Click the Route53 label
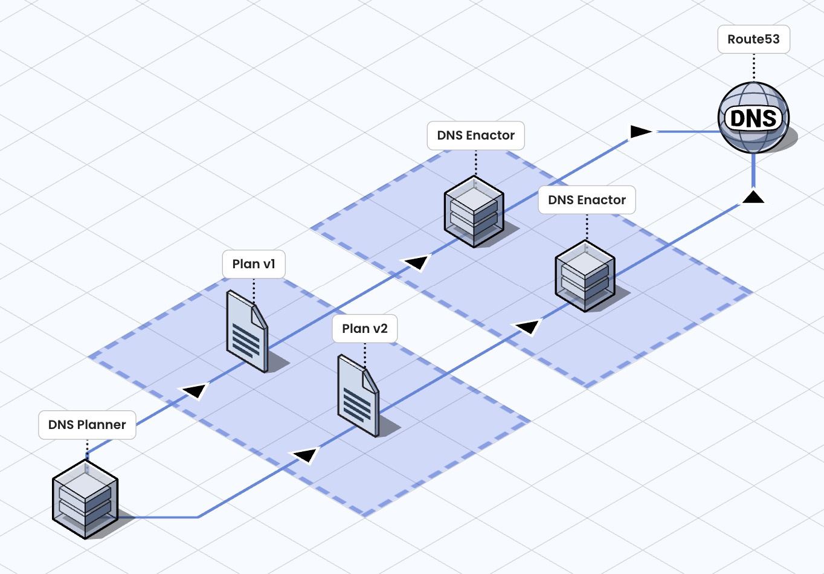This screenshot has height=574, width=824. (x=753, y=39)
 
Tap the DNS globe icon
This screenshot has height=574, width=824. (x=753, y=117)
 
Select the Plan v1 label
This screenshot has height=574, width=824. (x=254, y=264)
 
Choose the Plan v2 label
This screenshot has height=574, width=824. (x=365, y=329)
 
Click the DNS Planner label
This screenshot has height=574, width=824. (x=87, y=425)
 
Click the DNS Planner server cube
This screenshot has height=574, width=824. (x=85, y=499)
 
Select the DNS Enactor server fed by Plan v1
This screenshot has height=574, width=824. (x=474, y=211)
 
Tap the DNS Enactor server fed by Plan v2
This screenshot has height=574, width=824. (x=585, y=276)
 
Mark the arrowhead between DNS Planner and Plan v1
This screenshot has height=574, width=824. (x=195, y=391)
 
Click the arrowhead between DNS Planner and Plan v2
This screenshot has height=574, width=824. (x=306, y=454)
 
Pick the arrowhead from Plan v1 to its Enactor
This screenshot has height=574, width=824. (x=417, y=262)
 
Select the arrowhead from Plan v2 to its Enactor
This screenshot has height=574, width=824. (x=528, y=327)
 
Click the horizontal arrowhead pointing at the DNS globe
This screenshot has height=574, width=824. (x=640, y=131)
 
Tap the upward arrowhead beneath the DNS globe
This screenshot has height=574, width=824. (x=753, y=196)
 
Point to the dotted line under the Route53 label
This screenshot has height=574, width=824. (x=754, y=66)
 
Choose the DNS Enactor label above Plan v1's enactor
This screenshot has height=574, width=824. (x=476, y=135)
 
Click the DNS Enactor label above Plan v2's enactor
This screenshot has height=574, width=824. (x=587, y=200)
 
